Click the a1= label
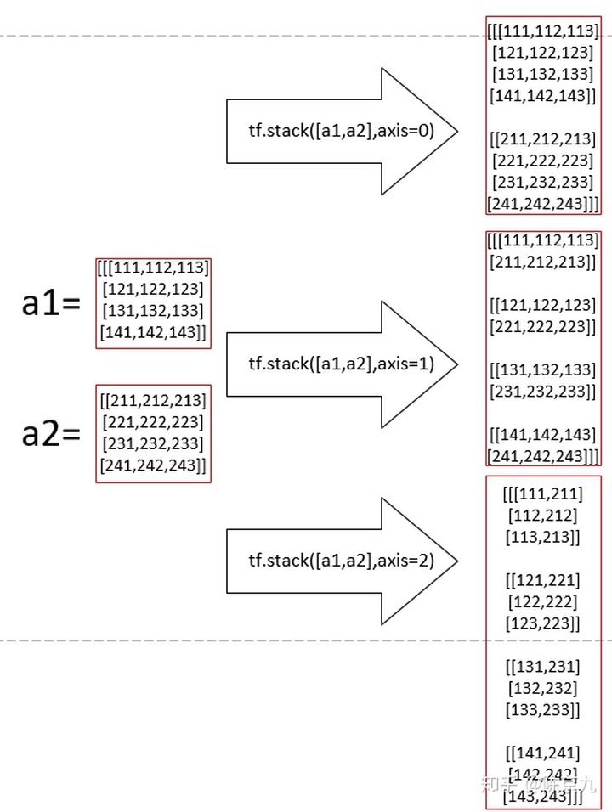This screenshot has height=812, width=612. (x=50, y=304)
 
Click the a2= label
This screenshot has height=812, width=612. (x=50, y=434)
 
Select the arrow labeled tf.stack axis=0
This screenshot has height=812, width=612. (x=341, y=132)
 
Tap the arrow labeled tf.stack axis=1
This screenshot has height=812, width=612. (x=341, y=364)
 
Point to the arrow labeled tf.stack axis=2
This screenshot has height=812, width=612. (x=341, y=560)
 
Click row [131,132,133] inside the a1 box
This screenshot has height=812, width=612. (x=153, y=310)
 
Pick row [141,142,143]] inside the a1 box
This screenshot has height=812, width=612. (x=153, y=332)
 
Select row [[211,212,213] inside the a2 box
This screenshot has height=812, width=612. (x=153, y=399)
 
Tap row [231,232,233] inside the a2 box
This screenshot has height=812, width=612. (x=153, y=443)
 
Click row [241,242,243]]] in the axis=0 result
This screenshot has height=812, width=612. (x=543, y=204)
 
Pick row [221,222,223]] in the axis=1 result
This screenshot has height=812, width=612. (x=543, y=326)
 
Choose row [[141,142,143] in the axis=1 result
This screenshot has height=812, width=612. (x=543, y=434)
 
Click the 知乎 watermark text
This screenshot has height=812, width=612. (x=497, y=782)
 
